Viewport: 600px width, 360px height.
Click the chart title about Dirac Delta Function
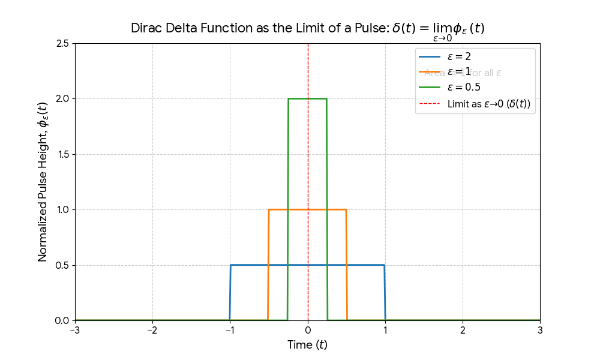tap(307, 29)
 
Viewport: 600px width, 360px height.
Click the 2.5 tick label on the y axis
tap(62, 43)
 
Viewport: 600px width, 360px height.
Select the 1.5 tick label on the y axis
tap(62, 154)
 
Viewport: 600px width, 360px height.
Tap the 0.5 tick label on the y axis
tap(62, 265)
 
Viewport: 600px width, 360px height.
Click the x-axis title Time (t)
tap(307, 345)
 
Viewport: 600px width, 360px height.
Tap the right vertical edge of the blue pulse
tap(385, 293)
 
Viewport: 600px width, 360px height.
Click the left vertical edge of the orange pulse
tap(268, 264)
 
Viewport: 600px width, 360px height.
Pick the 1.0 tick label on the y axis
tap(62, 209)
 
